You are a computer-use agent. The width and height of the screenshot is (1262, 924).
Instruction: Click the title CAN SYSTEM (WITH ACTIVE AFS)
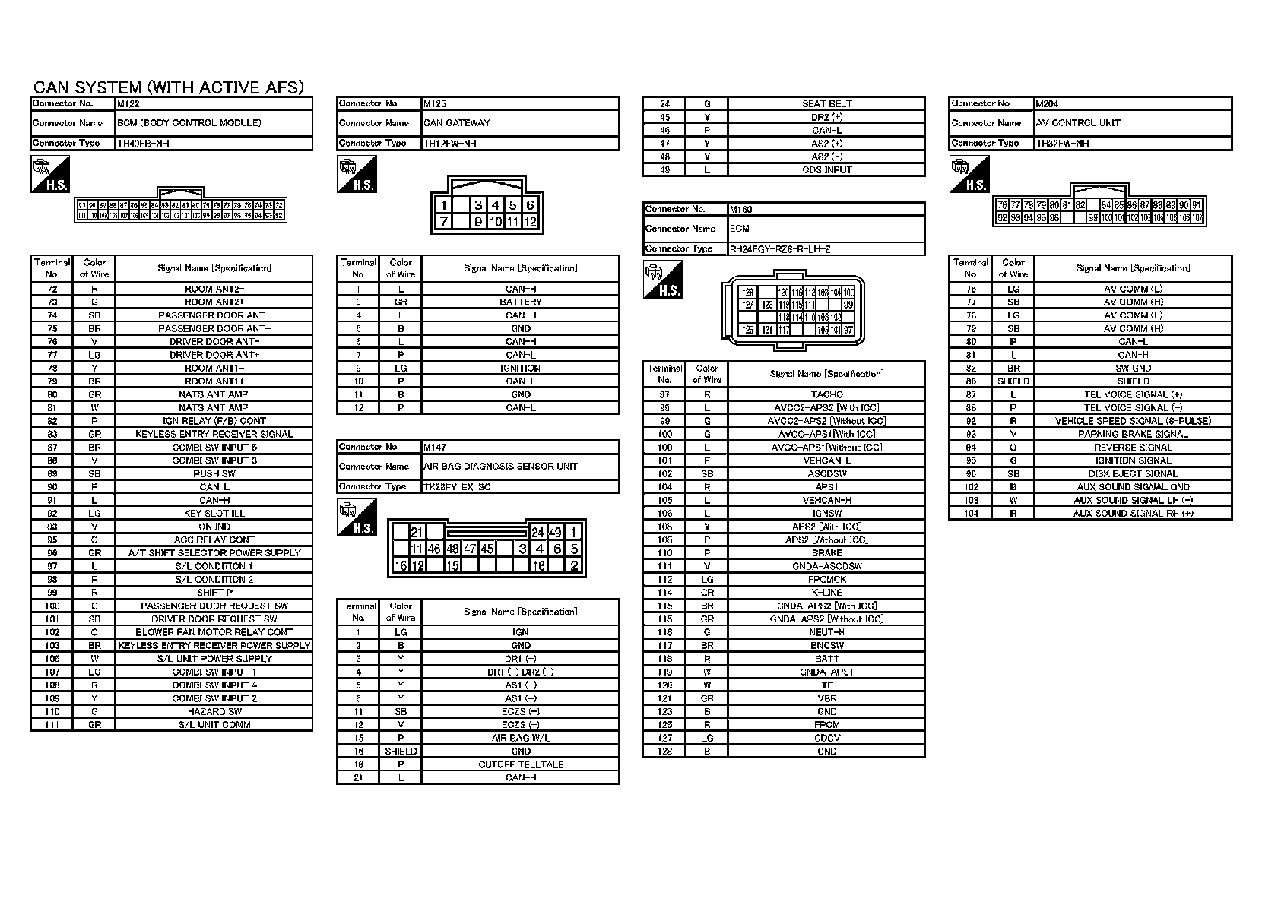coord(169,87)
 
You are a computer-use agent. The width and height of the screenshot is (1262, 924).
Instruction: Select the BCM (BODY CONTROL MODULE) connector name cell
coord(189,123)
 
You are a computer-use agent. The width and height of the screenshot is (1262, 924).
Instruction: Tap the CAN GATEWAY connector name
coord(457,123)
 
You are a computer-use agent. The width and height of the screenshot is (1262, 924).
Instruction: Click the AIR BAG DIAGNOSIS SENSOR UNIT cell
coord(500,467)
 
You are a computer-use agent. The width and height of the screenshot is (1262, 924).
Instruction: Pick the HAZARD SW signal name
coord(214,712)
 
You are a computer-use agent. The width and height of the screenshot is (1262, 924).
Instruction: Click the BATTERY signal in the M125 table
coord(521,302)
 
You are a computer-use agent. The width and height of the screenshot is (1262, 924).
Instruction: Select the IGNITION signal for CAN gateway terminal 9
coord(521,369)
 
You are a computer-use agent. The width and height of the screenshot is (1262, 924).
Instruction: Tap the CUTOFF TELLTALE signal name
coord(521,764)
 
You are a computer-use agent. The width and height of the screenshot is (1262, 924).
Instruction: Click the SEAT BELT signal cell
coord(826,104)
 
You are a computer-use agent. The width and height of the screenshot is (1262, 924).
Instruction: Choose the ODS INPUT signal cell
coord(826,170)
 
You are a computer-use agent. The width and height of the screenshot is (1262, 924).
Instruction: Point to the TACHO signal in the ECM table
coord(826,394)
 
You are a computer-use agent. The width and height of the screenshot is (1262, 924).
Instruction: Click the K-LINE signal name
coord(826,593)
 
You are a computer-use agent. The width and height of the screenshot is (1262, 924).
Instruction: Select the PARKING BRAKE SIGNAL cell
coord(1133,434)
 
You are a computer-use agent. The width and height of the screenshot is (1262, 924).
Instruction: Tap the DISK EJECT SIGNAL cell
coord(1133,473)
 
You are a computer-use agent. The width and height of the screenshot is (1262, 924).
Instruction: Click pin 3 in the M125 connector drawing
coord(478,205)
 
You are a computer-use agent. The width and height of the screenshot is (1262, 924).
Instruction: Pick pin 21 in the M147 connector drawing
coord(417,533)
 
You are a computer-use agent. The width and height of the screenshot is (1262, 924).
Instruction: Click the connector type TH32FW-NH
coord(1063,144)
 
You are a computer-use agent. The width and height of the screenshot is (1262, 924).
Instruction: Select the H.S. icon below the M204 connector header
coord(969,175)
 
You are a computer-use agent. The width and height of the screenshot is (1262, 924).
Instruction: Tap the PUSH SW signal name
coord(214,473)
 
